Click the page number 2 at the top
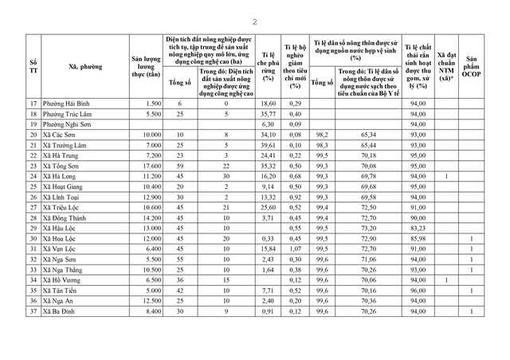point(255,22)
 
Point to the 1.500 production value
point(154,104)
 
